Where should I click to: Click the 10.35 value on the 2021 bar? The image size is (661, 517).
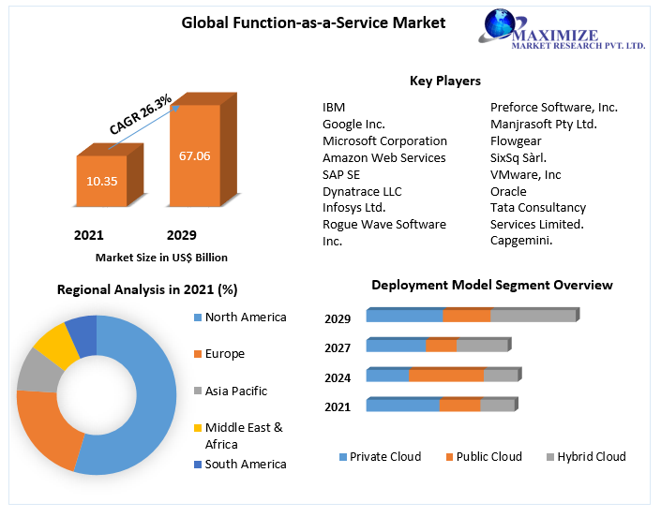101,181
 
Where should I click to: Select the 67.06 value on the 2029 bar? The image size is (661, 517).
194,155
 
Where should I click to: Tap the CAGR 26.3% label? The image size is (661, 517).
141,113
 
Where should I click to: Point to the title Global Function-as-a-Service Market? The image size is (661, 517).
313,22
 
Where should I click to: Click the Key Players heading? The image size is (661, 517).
445,81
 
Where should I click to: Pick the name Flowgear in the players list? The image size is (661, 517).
517,140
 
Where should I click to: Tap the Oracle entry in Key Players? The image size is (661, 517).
508,191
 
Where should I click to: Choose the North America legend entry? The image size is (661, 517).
245,318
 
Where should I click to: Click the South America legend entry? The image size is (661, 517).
245,464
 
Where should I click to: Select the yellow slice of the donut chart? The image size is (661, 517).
55,344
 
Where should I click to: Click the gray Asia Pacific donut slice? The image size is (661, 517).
37,370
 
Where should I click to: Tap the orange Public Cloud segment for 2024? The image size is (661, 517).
445,376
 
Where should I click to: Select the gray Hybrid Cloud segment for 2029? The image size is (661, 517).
533,316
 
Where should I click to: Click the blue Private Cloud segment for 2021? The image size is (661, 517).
402,405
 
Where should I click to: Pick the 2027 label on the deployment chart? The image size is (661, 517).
338,348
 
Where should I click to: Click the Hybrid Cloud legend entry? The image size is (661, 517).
591,457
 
